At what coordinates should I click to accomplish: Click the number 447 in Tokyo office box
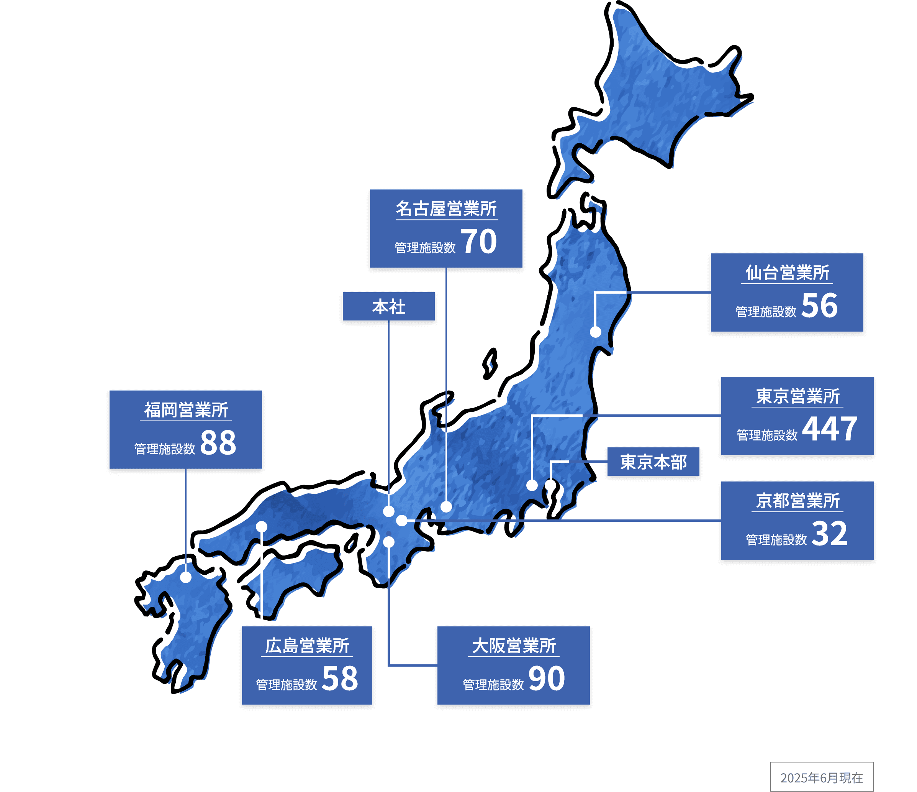pyautogui.click(x=830, y=429)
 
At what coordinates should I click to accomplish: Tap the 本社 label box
pyautogui.click(x=388, y=307)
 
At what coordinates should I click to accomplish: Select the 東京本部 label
pyautogui.click(x=653, y=462)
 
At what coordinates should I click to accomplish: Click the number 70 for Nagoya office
pyautogui.click(x=479, y=242)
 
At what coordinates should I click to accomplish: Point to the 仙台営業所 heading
pyautogui.click(x=787, y=273)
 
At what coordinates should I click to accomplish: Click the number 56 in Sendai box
pyautogui.click(x=820, y=306)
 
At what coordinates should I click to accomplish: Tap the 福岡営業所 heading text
pyautogui.click(x=186, y=410)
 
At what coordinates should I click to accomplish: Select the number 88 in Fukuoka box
pyautogui.click(x=218, y=443)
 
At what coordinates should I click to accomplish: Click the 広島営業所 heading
pyautogui.click(x=307, y=646)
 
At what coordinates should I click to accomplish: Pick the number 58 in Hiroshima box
pyautogui.click(x=340, y=679)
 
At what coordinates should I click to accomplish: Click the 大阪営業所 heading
pyautogui.click(x=513, y=646)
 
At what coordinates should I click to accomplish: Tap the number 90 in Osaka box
pyautogui.click(x=547, y=679)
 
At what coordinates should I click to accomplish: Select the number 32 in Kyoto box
pyautogui.click(x=830, y=534)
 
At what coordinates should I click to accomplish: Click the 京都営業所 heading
pyautogui.click(x=797, y=501)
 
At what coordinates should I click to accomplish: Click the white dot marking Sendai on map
pyautogui.click(x=596, y=332)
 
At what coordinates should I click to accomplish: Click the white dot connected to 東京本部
pyautogui.click(x=550, y=485)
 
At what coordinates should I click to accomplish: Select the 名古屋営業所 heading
pyautogui.click(x=446, y=209)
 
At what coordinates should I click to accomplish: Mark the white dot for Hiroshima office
pyautogui.click(x=262, y=527)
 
